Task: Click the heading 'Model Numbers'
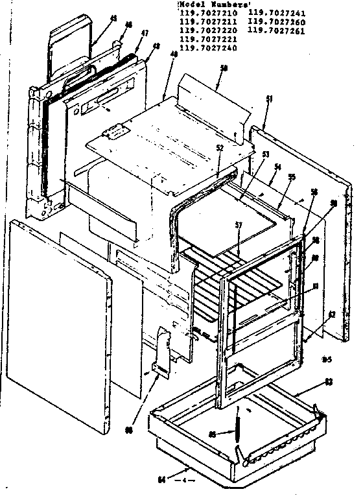pyautogui.click(x=205, y=5)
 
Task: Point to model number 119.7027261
pyautogui.click(x=274, y=30)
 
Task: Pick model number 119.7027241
pyautogui.click(x=274, y=12)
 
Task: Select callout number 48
pyautogui.click(x=156, y=47)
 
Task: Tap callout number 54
pyautogui.click(x=278, y=167)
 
